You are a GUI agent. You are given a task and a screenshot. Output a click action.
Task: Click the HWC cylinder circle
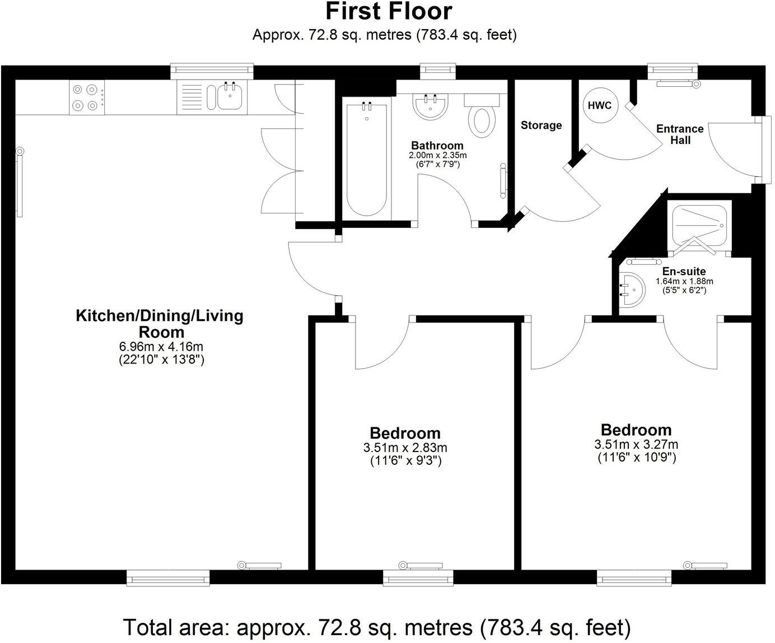pos(599,105)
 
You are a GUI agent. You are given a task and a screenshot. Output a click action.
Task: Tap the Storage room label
pos(541,125)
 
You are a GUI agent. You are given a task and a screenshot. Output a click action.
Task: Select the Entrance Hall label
pos(680,134)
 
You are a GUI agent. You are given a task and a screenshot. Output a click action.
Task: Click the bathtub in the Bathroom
pos(367,159)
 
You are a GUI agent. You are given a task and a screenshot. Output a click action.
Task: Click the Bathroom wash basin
pos(431,106)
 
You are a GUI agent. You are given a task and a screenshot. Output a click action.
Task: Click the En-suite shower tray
pos(699,226)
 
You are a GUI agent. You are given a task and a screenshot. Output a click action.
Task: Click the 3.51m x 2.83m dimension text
pos(405,448)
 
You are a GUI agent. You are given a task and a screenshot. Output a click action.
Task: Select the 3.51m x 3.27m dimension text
pos(636,444)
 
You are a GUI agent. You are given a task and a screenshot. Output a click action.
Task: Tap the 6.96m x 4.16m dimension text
pos(161,346)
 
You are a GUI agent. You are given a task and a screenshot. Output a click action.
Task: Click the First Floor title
pos(389,12)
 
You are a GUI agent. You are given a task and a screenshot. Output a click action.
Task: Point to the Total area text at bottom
pos(377,627)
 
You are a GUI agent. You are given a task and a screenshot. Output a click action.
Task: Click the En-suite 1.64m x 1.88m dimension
pos(684,281)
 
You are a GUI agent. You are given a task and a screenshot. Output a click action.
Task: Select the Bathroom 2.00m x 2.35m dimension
pos(437,155)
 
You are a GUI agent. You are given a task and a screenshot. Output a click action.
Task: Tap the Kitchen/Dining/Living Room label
pos(160,324)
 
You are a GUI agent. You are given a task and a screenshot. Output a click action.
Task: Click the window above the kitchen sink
pos(212,71)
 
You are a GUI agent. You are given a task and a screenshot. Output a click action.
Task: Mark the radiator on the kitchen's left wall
pos(19,182)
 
